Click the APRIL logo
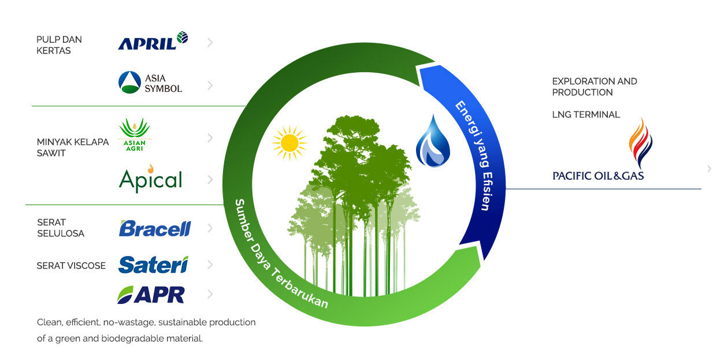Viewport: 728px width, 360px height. (153, 42)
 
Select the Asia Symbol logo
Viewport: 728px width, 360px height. (150, 83)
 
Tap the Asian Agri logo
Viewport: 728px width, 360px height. (135, 136)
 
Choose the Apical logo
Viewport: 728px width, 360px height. (150, 179)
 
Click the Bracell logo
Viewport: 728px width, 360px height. (154, 228)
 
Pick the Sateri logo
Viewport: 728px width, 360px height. (153, 265)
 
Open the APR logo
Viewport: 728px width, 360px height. (151, 294)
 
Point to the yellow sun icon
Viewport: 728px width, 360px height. (289, 142)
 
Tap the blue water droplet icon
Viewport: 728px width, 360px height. (433, 142)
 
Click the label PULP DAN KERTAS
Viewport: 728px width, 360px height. (59, 45)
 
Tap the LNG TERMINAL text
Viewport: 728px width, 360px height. (586, 114)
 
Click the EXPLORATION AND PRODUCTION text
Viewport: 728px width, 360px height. (595, 87)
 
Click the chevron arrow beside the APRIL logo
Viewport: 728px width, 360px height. (210, 42)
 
